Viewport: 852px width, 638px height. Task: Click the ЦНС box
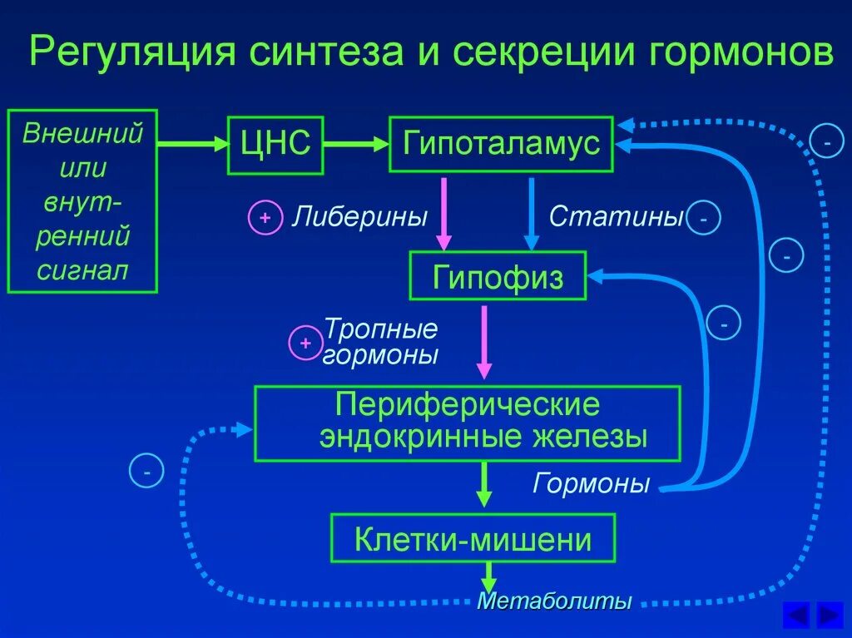tap(275, 144)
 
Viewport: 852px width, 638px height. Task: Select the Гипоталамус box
tap(501, 144)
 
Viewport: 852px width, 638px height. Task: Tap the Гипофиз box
tap(498, 276)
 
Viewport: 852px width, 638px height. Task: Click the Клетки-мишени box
tap(473, 539)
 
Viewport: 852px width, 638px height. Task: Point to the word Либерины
tap(359, 218)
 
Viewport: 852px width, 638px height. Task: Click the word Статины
tap(616, 218)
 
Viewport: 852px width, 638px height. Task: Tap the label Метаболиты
tap(554, 601)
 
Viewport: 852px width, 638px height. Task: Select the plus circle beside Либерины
tap(265, 219)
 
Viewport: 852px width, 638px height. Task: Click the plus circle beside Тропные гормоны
tap(305, 343)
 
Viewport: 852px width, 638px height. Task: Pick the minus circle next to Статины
tap(704, 219)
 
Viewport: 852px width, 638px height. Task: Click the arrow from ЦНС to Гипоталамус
tap(356, 144)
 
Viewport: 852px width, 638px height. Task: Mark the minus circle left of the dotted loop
tap(146, 472)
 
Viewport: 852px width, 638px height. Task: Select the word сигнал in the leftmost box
tap(82, 270)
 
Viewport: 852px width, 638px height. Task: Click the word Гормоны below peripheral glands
tap(591, 483)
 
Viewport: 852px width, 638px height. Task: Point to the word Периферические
tap(467, 406)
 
